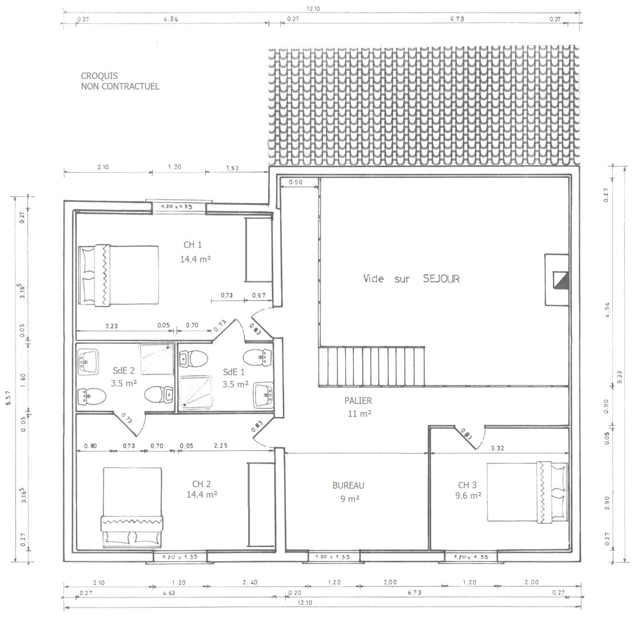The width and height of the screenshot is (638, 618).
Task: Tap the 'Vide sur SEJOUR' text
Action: click(411, 279)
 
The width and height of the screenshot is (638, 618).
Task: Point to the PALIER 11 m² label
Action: click(358, 407)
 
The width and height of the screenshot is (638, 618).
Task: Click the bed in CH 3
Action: click(527, 492)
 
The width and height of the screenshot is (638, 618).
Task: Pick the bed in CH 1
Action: click(118, 275)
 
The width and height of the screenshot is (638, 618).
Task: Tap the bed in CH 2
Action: click(132, 507)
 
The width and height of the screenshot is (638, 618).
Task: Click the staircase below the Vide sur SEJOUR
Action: click(372, 366)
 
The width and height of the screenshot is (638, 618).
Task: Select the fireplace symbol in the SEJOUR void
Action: click(557, 279)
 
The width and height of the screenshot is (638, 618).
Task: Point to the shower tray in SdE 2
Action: click(156, 359)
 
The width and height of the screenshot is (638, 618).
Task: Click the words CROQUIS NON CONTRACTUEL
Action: click(119, 81)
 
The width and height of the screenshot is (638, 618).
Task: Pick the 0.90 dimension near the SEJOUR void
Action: click(296, 183)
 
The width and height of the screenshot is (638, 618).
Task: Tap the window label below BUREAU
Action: click(333, 557)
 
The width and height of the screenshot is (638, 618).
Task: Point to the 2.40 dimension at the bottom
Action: click(250, 583)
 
